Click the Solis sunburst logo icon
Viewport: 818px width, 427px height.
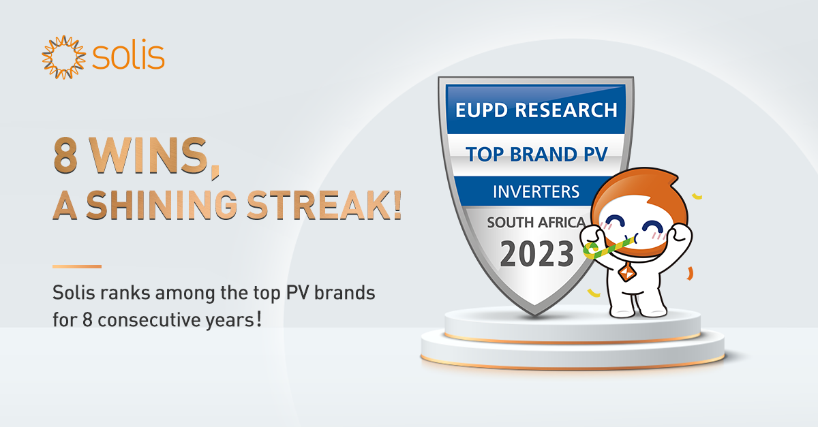pyautogui.click(x=64, y=57)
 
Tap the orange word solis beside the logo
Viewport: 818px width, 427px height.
pyautogui.click(x=128, y=56)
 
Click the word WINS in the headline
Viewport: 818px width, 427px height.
pyautogui.click(x=149, y=156)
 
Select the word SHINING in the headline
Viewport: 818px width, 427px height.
pyautogui.click(x=162, y=205)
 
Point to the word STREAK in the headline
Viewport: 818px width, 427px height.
pyautogui.click(x=312, y=205)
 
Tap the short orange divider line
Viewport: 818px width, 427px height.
pyautogui.click(x=76, y=266)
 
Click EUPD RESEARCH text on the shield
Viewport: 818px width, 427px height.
pyautogui.click(x=536, y=110)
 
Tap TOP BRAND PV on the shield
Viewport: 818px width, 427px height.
pyautogui.click(x=536, y=154)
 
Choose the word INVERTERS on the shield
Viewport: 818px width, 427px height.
pyautogui.click(x=536, y=191)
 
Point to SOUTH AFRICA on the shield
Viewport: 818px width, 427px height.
pyautogui.click(x=536, y=222)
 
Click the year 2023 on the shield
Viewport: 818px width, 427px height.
pyautogui.click(x=536, y=253)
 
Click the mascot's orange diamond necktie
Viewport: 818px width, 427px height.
pyautogui.click(x=627, y=272)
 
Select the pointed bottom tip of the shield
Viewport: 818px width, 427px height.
pyautogui.click(x=535, y=314)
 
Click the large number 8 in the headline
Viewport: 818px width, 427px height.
pyautogui.click(x=65, y=156)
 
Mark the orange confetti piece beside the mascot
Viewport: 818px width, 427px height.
pyautogui.click(x=689, y=273)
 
